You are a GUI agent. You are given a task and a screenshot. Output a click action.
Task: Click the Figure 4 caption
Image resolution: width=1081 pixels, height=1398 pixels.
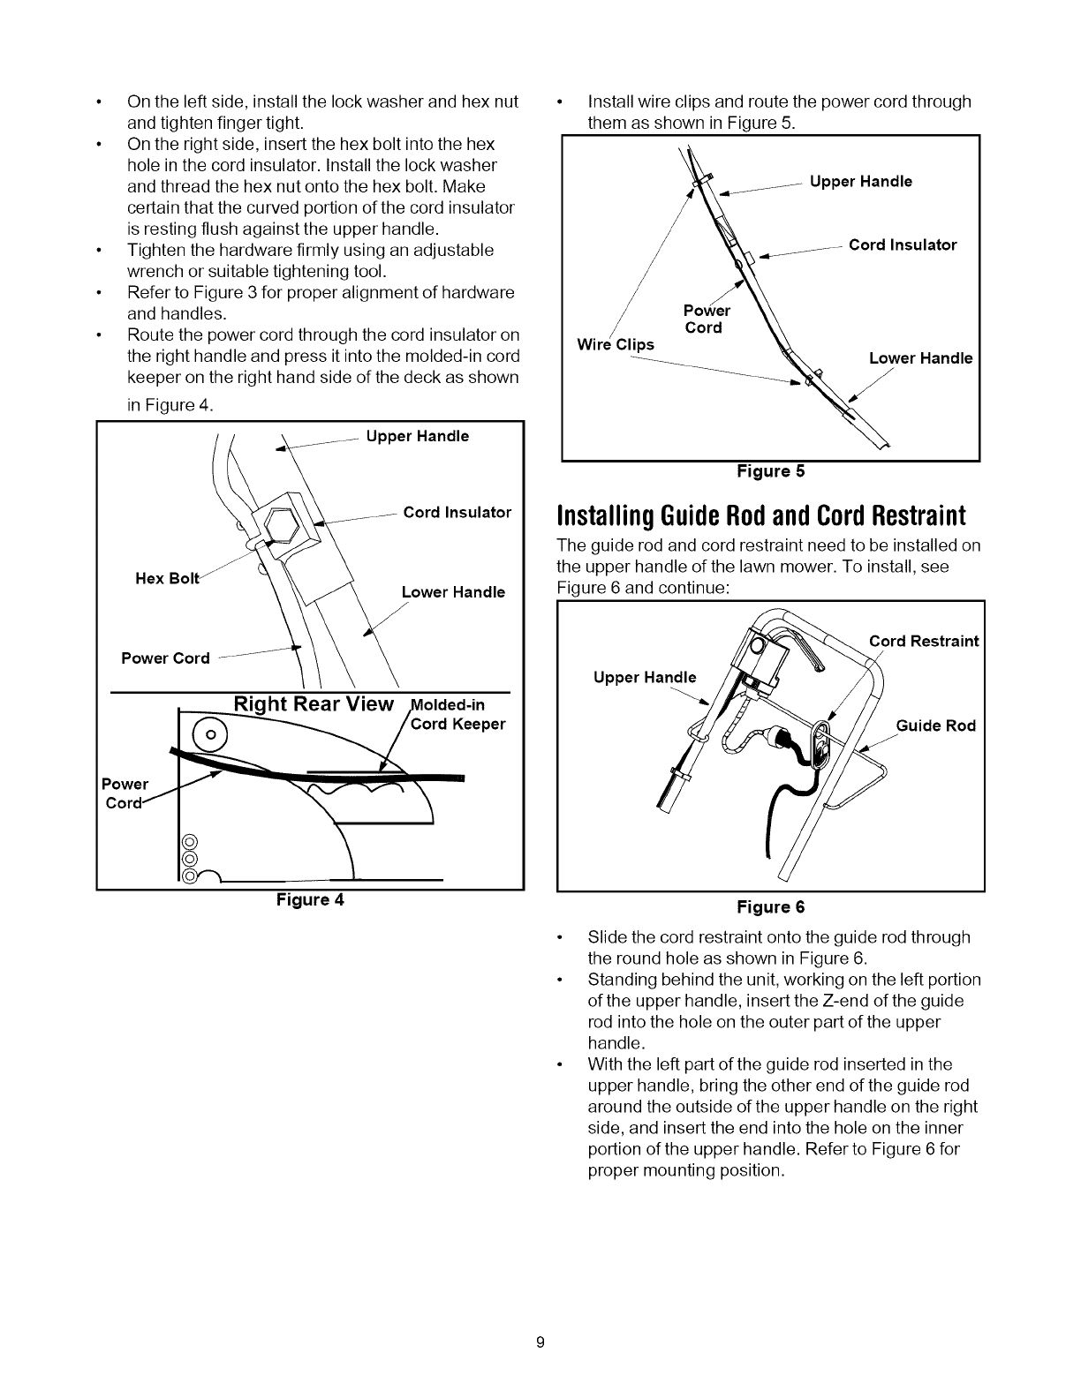click(x=310, y=900)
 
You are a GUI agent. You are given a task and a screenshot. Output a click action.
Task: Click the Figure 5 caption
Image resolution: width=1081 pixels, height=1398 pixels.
click(x=771, y=471)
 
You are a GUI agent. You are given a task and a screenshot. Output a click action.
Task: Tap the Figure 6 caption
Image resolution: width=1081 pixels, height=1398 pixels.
click(x=771, y=907)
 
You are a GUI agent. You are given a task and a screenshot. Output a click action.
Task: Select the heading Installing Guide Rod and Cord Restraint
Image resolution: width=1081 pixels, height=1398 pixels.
click(x=760, y=515)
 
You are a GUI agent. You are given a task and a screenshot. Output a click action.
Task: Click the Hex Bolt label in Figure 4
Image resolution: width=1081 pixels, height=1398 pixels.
click(x=168, y=578)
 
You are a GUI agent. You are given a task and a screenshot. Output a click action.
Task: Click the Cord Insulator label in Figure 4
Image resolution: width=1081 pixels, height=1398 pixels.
click(x=457, y=513)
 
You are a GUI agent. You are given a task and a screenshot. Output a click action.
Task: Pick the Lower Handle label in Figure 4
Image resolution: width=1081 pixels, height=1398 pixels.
click(x=453, y=592)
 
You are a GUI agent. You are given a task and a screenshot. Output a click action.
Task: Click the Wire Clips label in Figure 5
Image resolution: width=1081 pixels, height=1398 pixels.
click(x=615, y=344)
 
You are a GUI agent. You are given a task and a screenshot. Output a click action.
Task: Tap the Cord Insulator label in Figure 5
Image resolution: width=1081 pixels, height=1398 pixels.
click(x=903, y=245)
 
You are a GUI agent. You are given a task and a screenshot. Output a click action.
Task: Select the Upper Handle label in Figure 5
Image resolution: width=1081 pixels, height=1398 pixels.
click(x=860, y=182)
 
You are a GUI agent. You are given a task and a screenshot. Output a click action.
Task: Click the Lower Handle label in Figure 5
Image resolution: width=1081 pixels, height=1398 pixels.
click(x=920, y=358)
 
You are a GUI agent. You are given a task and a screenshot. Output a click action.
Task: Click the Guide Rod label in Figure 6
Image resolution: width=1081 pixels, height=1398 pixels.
click(x=935, y=725)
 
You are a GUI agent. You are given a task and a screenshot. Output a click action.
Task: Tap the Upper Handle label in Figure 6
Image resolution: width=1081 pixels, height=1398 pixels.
click(x=644, y=677)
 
